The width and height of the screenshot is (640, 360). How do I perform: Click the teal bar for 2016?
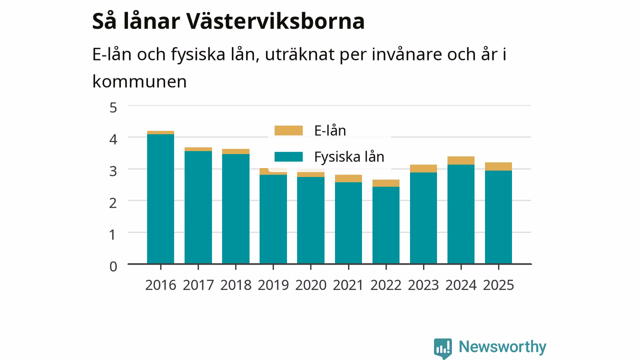click(x=160, y=199)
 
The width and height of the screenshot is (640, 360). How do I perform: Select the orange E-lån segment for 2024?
click(x=461, y=160)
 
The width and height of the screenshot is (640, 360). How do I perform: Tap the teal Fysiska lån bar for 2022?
click(x=386, y=225)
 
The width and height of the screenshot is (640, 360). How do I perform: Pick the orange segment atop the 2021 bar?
click(x=348, y=178)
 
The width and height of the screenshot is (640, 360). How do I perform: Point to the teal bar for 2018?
click(x=235, y=209)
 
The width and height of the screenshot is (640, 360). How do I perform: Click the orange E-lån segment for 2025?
click(x=498, y=166)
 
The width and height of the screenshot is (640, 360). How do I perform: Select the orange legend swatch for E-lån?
click(x=288, y=130)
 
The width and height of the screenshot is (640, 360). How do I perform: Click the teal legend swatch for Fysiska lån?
click(x=288, y=157)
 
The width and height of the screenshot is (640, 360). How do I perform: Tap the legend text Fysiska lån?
click(x=349, y=157)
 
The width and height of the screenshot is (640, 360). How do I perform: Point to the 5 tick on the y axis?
click(x=113, y=108)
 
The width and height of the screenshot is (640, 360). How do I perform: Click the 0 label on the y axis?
click(x=113, y=266)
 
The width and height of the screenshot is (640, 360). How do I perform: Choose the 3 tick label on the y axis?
click(x=113, y=171)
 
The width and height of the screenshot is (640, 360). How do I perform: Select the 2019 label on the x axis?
click(x=273, y=285)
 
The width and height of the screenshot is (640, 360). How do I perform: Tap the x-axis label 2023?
click(x=423, y=285)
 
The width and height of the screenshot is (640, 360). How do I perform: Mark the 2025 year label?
click(x=498, y=285)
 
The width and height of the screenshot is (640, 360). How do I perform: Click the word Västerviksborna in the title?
click(x=275, y=21)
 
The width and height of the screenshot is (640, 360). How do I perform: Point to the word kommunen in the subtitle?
click(x=139, y=81)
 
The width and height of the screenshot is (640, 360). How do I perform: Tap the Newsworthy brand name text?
click(x=502, y=347)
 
